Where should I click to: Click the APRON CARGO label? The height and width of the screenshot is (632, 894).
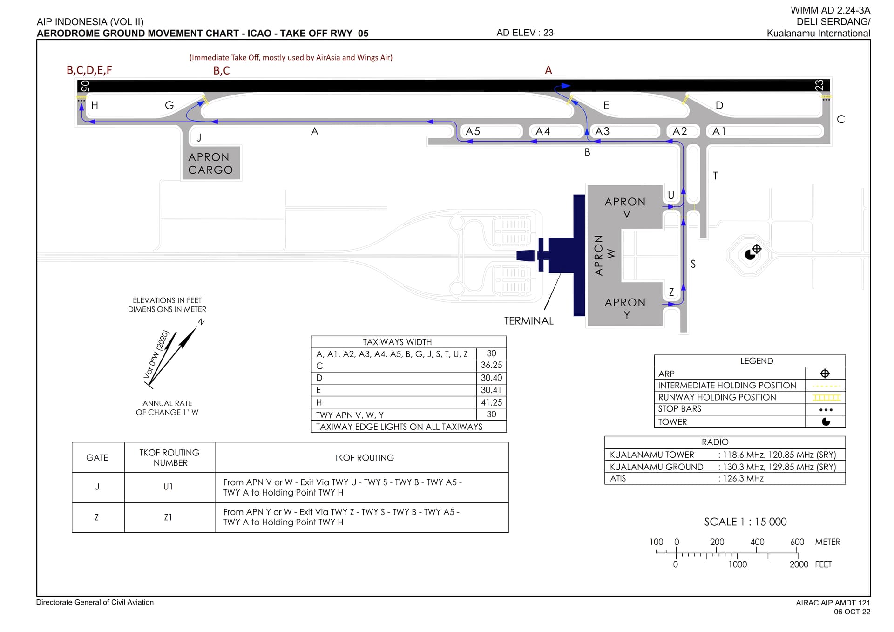pyautogui.click(x=210, y=163)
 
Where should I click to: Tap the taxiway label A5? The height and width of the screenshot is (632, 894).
pyautogui.click(x=473, y=131)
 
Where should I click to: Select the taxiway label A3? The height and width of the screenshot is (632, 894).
pyautogui.click(x=602, y=131)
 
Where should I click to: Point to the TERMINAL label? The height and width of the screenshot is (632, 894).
pyautogui.click(x=529, y=321)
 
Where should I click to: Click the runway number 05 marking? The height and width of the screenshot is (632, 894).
pyautogui.click(x=85, y=86)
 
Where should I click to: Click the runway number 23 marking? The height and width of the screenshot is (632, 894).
pyautogui.click(x=819, y=85)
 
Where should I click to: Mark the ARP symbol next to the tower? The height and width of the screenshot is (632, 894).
pyautogui.click(x=757, y=249)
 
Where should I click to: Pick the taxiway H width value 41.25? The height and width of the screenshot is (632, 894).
pyautogui.click(x=491, y=402)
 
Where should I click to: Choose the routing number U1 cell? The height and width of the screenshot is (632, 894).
pyautogui.click(x=168, y=487)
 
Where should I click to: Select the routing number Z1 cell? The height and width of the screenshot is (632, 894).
pyautogui.click(x=168, y=517)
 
